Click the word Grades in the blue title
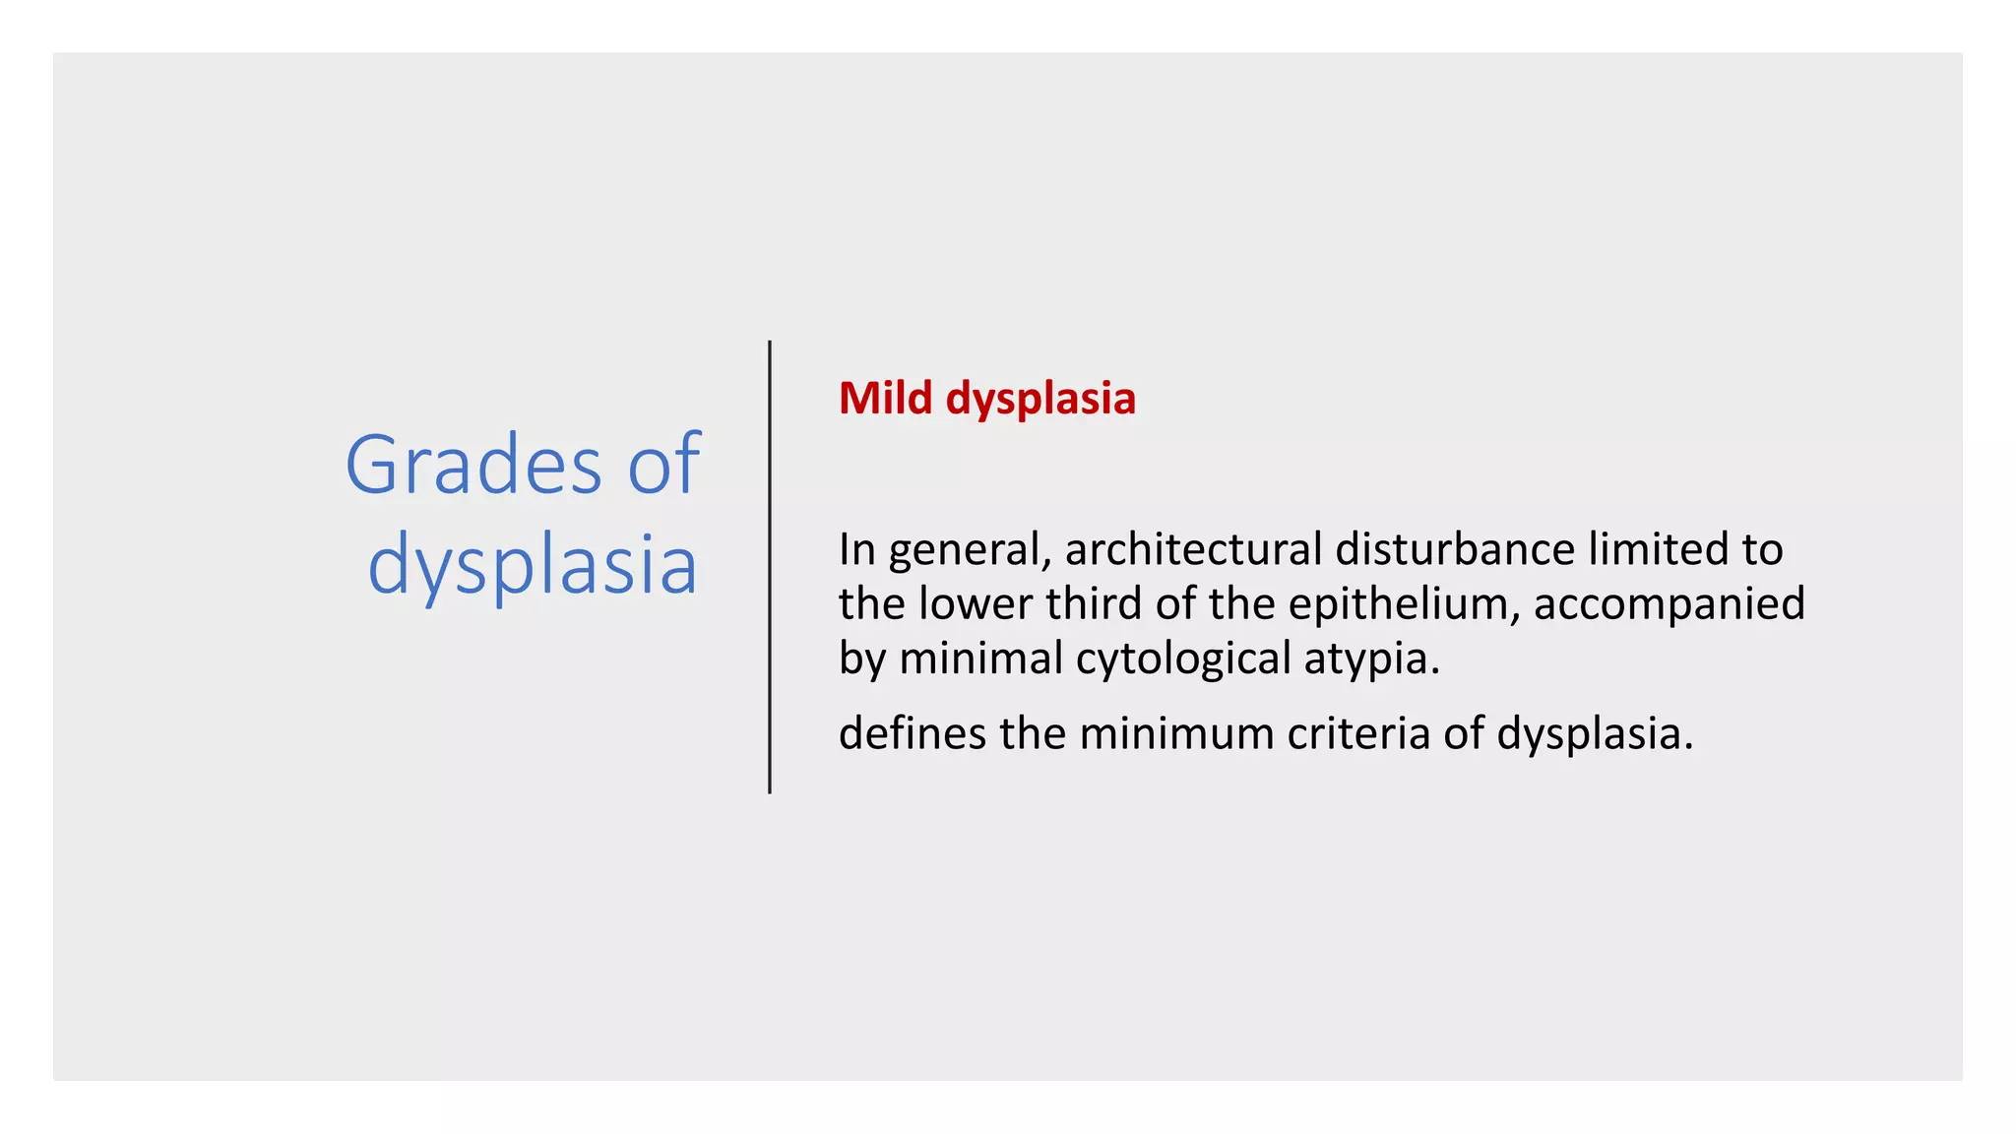pyautogui.click(x=472, y=465)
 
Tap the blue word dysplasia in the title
pyautogui.click(x=533, y=565)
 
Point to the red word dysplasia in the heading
pyautogui.click(x=1040, y=400)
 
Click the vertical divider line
pyautogui.click(x=770, y=567)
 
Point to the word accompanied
pyautogui.click(x=1669, y=604)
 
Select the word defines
pyautogui.click(x=913, y=733)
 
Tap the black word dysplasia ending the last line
pyautogui.click(x=1594, y=734)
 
